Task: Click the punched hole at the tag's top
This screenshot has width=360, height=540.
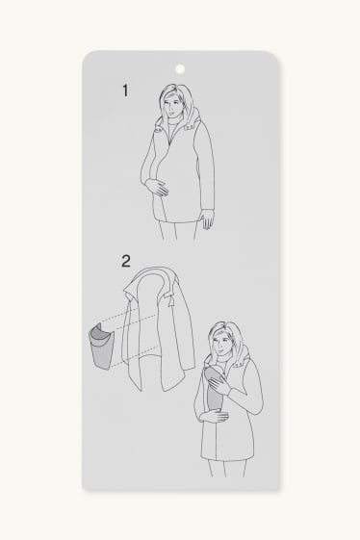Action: (180, 69)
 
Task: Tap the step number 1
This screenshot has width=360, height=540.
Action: (125, 90)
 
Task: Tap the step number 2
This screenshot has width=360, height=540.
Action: (126, 261)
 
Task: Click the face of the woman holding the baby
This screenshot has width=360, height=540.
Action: (220, 342)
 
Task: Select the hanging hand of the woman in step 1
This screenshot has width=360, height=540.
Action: (208, 220)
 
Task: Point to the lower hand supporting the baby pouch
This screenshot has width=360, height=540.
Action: (215, 417)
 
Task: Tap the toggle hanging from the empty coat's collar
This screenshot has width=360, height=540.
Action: (170, 301)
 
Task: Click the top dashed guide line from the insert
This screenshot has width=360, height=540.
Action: (120, 316)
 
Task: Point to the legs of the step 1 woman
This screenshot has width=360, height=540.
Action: (178, 230)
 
